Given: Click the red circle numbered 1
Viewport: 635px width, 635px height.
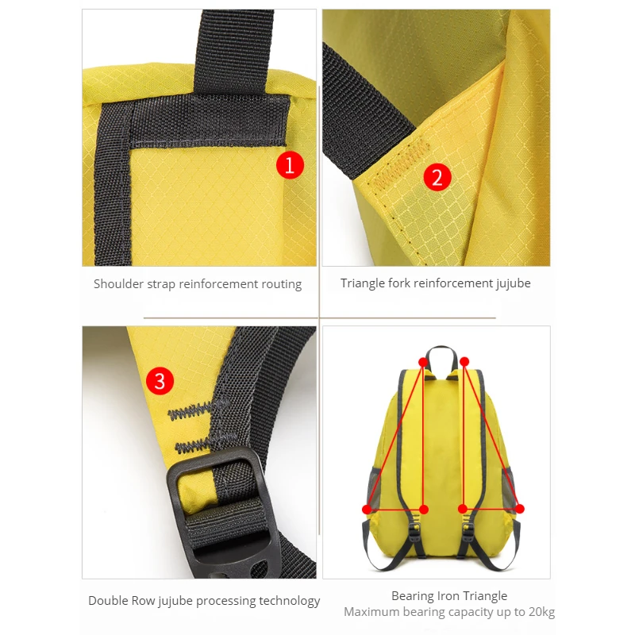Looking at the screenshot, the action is pos(290,165).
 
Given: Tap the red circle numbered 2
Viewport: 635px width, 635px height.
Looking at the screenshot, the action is pos(437,177).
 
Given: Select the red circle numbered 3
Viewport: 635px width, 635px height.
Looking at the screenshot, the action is pos(160,381).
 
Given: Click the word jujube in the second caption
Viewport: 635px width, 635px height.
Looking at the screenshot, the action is pos(513,283).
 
